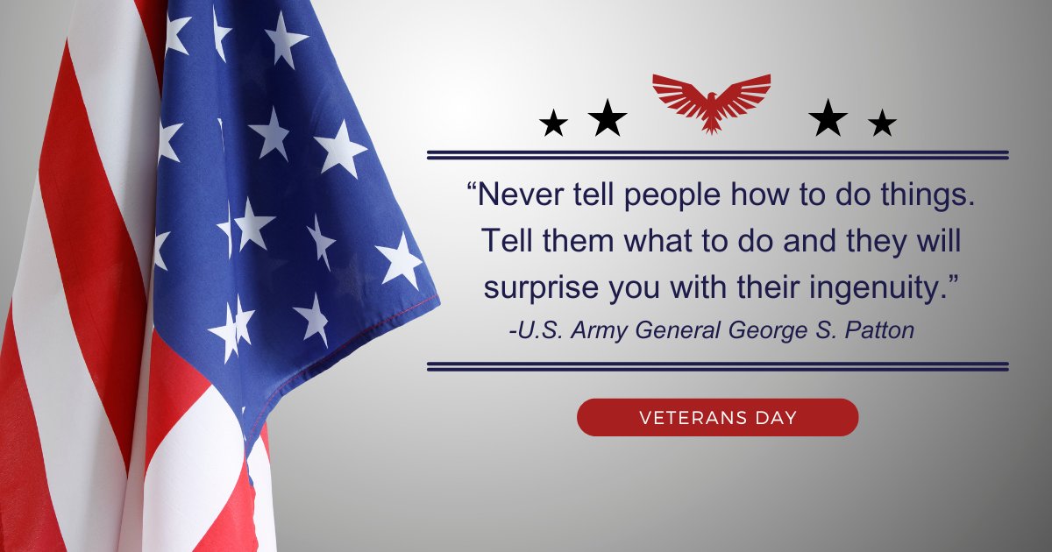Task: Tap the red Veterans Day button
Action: pyautogui.click(x=717, y=417)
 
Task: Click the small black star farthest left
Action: pyautogui.click(x=554, y=124)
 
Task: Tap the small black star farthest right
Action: pyautogui.click(x=882, y=124)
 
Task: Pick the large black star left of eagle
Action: pyautogui.click(x=608, y=118)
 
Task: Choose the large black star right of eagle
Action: pyautogui.click(x=828, y=118)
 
